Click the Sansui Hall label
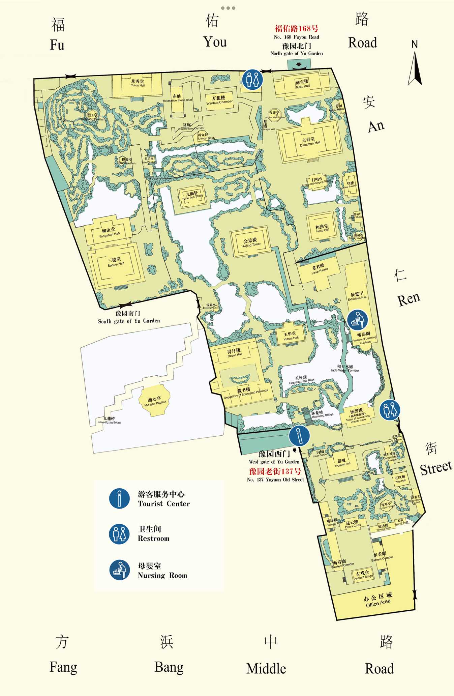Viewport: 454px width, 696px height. (116, 262)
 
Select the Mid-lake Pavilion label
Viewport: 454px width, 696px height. (155, 401)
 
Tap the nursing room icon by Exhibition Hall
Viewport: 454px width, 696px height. (357, 320)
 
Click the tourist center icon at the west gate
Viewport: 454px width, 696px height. (299, 435)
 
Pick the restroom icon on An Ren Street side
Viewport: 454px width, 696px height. (390, 410)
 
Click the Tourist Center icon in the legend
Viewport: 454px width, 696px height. (119, 498)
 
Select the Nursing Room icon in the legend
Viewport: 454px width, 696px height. (119, 570)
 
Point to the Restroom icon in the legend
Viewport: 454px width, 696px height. (119, 534)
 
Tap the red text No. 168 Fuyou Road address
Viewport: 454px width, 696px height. (296, 29)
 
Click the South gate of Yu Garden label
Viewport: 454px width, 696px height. (128, 317)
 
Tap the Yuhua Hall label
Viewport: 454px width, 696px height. (290, 336)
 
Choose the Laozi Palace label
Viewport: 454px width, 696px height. (319, 268)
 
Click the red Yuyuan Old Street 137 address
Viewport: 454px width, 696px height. (275, 471)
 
